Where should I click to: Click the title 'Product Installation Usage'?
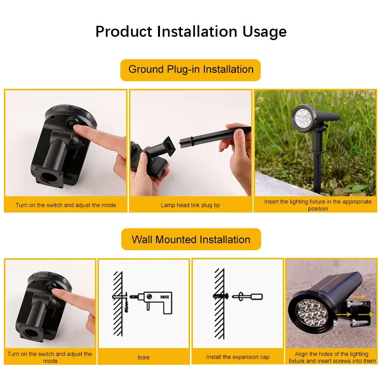point(191,32)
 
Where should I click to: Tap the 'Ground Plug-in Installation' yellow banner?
point(191,70)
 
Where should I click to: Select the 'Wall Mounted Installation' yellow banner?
point(191,239)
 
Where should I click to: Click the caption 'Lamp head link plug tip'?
point(190,205)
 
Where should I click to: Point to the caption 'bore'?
point(144,357)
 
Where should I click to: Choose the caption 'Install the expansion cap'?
point(238,357)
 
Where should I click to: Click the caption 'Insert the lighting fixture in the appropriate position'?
point(318,205)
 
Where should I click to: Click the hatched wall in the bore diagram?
point(118,304)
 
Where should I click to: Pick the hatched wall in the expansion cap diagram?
point(219,304)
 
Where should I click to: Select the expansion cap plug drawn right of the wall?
point(247,297)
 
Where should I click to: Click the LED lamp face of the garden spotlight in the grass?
point(303,118)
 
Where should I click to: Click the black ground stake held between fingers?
point(214,137)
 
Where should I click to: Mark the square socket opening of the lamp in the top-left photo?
point(49,177)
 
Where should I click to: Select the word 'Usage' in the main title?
point(265,32)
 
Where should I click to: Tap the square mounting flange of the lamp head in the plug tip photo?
point(170,147)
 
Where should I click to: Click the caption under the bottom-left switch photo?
point(50,357)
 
